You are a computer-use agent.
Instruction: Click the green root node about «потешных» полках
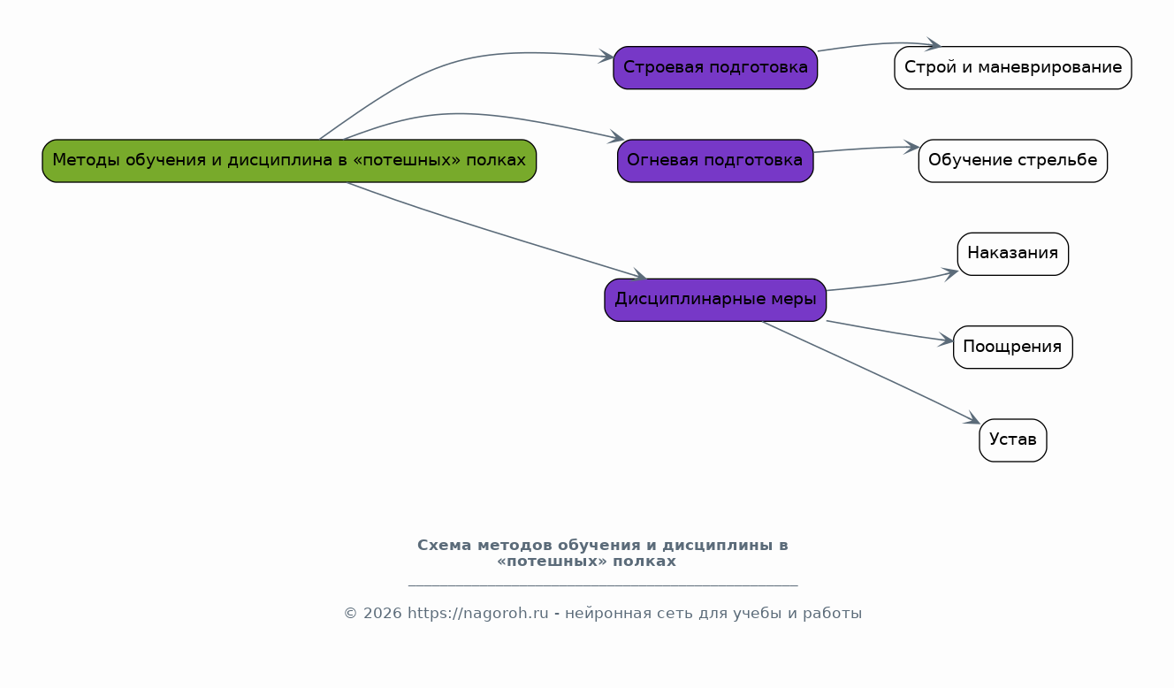[289, 161]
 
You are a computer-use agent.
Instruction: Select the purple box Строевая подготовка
[715, 67]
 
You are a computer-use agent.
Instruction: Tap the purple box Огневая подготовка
[715, 161]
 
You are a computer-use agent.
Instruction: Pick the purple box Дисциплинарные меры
[715, 300]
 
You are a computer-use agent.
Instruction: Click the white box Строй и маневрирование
[1013, 67]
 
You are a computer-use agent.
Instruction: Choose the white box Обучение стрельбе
[1013, 161]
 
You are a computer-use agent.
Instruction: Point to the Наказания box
[1013, 254]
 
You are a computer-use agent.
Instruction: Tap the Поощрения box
[1013, 348]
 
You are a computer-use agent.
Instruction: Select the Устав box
[1013, 440]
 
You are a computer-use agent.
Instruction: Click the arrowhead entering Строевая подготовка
[607, 56]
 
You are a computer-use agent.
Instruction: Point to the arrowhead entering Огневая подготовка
[617, 138]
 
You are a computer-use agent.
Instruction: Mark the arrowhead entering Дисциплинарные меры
[639, 275]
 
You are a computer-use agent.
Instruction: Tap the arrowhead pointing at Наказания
[950, 274]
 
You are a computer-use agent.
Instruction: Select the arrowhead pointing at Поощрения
[946, 340]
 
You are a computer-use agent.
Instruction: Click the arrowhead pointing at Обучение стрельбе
[912, 148]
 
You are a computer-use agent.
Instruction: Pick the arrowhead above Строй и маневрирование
[933, 44]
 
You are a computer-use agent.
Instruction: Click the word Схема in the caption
[445, 546]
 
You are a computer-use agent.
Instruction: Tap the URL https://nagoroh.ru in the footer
[478, 613]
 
